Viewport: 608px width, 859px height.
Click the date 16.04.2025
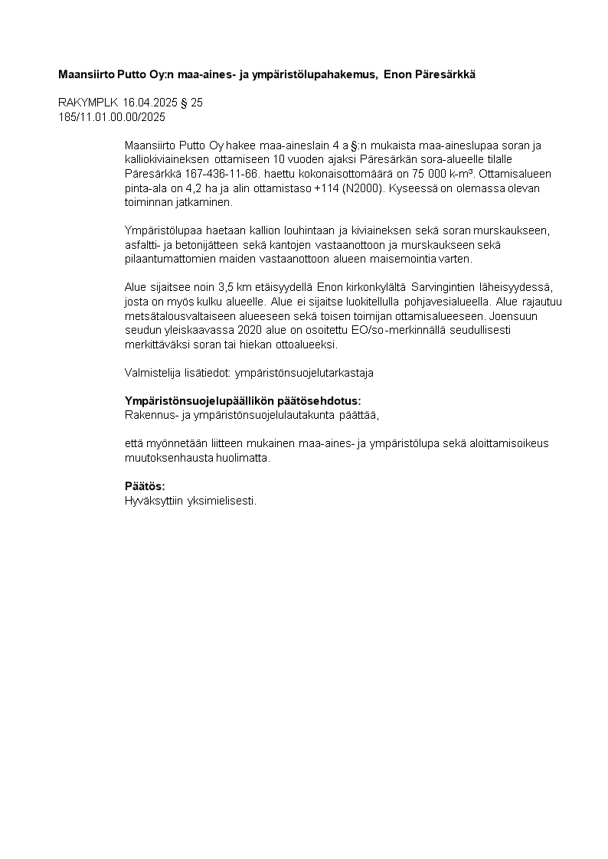150,103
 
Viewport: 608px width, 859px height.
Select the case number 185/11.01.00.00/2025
112,117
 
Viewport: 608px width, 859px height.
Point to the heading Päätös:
145,487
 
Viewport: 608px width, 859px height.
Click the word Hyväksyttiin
152,501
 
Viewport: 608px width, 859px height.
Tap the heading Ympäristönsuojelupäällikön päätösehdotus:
243,401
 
